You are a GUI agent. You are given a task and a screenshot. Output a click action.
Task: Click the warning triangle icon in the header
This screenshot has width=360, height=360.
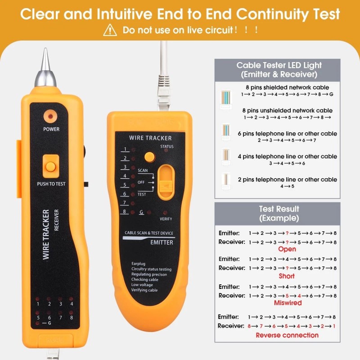[x=110, y=31]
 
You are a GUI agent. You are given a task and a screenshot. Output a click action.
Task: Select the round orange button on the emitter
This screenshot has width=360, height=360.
[x=149, y=157]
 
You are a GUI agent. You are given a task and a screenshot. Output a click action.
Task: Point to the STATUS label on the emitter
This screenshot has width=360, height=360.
[x=166, y=147]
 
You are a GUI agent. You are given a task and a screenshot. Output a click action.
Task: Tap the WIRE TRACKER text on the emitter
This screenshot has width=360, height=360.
[x=150, y=138]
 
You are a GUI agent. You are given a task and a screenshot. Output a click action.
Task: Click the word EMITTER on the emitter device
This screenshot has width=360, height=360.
[x=162, y=243]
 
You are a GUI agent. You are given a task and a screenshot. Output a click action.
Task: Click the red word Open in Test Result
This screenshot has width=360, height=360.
[x=287, y=249]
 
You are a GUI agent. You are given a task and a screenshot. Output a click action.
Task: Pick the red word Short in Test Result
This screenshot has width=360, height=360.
[x=287, y=276]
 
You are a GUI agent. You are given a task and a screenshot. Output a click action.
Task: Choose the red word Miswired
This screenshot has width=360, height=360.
[x=288, y=303]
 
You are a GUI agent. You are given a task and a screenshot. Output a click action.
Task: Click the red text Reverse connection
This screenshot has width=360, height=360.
[x=287, y=335]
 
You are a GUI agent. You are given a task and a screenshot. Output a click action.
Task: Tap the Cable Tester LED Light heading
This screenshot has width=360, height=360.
[x=279, y=70]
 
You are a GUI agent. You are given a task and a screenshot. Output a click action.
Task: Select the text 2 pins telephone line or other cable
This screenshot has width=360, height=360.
[x=288, y=180]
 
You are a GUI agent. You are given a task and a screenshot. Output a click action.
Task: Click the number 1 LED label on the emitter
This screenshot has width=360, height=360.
[x=125, y=149]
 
